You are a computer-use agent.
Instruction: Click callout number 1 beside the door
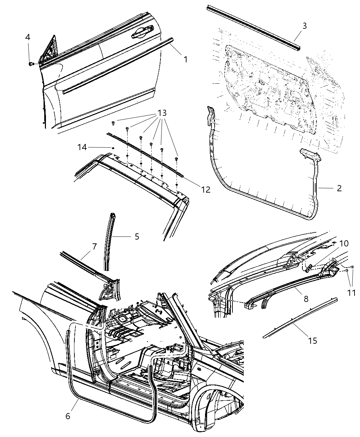pos(185,59)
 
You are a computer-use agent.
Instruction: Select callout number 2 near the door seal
pos(339,188)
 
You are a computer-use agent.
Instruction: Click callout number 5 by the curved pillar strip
pos(137,236)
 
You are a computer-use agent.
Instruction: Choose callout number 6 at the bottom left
pos(68,416)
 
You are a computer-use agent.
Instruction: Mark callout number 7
pos(94,246)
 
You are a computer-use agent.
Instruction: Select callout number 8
pos(306,299)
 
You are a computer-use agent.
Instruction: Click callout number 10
pos(344,243)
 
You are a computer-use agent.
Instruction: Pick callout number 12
pos(205,189)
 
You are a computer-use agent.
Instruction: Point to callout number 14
pos(82,147)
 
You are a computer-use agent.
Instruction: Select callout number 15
pos(312,340)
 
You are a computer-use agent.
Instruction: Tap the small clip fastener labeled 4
pos(31,64)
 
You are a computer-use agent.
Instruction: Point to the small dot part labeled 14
pos(112,147)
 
